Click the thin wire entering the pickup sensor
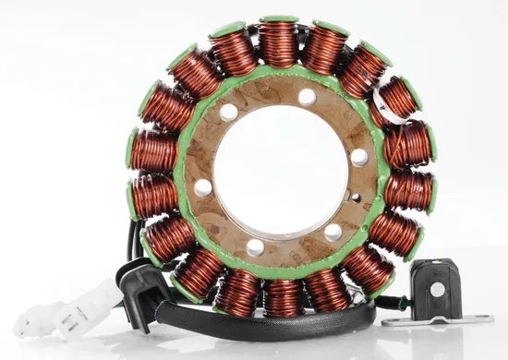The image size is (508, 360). pos(393,303)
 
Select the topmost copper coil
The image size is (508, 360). pos(278,42)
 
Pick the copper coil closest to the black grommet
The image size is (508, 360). pos(169,238)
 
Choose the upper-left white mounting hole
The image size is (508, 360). pos(228,113)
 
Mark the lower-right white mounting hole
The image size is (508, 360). pos(333,232)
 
